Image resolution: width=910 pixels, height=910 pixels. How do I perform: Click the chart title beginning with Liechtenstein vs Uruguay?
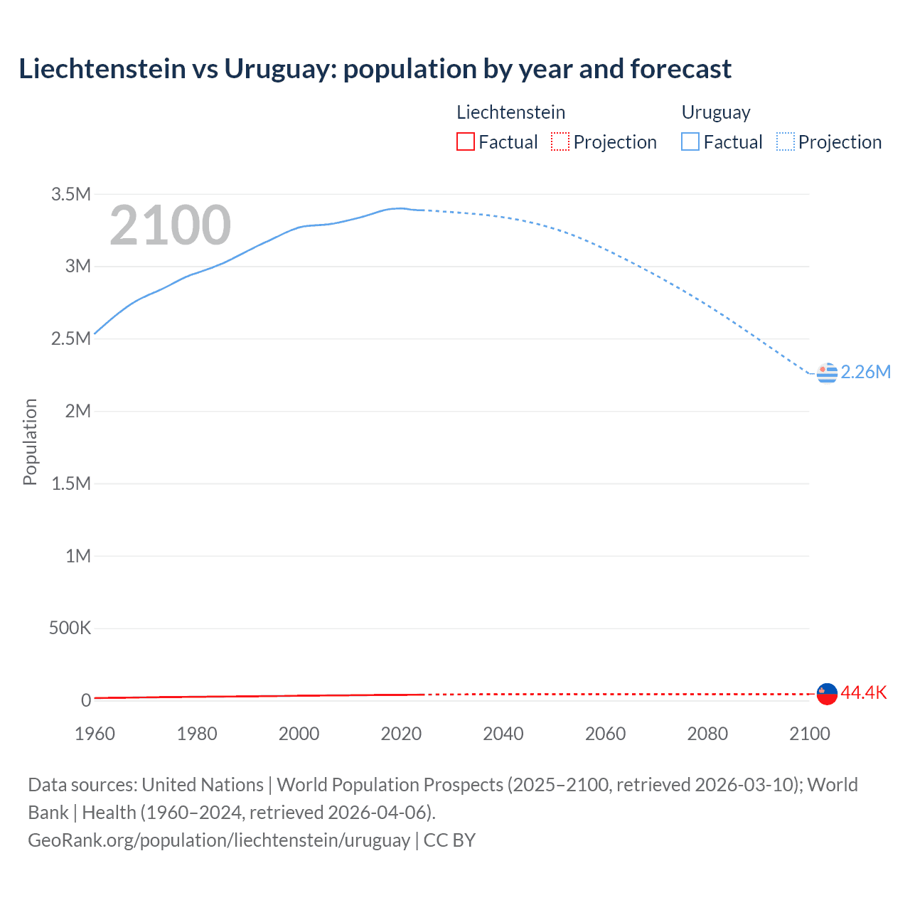click(x=375, y=69)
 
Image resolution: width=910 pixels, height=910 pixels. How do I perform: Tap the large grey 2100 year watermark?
click(x=170, y=225)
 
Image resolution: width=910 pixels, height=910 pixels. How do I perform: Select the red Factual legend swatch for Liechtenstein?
click(x=465, y=142)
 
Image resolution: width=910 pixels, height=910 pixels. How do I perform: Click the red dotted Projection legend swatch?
click(x=560, y=142)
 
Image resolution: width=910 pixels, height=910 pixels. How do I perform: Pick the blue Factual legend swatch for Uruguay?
click(x=690, y=142)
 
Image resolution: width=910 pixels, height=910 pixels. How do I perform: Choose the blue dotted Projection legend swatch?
click(x=785, y=142)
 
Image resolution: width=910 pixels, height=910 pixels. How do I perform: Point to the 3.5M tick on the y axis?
click(x=71, y=194)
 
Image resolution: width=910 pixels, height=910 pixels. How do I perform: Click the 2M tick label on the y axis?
click(x=77, y=411)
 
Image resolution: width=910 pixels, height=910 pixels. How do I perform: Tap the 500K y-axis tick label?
click(x=70, y=628)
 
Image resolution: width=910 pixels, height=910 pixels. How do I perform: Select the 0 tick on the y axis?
click(x=85, y=700)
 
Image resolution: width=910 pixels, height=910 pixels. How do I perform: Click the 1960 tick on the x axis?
click(x=95, y=734)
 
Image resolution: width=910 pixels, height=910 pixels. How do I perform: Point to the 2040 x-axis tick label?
click(x=503, y=734)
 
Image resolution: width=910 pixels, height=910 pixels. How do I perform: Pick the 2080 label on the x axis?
click(x=707, y=734)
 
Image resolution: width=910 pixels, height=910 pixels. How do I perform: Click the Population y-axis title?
click(x=30, y=441)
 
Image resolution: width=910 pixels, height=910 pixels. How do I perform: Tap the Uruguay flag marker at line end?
click(x=827, y=373)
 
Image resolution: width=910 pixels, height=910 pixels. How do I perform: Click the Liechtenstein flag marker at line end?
click(x=827, y=693)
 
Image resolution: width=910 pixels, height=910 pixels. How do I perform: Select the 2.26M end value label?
click(x=865, y=372)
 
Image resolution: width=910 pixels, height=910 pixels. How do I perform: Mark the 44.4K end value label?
click(x=864, y=692)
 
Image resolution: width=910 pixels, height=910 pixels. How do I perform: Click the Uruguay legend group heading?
click(x=716, y=112)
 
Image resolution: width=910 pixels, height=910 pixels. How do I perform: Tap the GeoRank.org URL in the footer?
click(x=219, y=840)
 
